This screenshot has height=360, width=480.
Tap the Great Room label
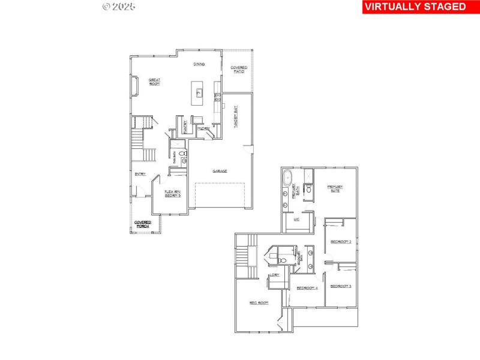click(x=146, y=82)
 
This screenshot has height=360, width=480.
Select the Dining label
click(x=199, y=64)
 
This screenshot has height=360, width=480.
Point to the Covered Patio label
click(x=239, y=69)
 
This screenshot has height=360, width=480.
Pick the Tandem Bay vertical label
click(x=236, y=115)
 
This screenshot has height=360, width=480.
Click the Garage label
click(x=220, y=171)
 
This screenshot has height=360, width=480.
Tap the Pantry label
click(x=185, y=127)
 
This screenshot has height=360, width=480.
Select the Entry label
click(x=140, y=174)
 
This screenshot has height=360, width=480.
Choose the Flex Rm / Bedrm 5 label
click(x=172, y=194)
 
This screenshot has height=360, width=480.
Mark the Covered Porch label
click(x=142, y=224)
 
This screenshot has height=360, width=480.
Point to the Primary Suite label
click(x=334, y=188)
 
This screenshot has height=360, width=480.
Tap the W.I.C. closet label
click(x=296, y=220)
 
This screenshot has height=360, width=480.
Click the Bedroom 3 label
click(x=340, y=286)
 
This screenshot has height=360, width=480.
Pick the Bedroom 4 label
click(x=307, y=289)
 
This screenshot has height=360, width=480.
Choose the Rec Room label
click(x=259, y=303)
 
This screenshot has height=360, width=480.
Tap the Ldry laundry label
click(x=274, y=275)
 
